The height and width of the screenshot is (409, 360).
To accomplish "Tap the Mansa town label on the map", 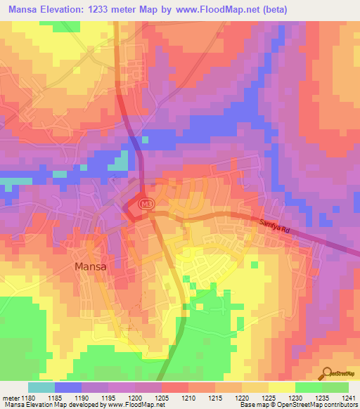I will click(x=91, y=266).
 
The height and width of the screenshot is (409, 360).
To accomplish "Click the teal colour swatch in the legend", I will click(x=41, y=387).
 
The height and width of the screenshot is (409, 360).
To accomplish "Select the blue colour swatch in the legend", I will click(x=68, y=387).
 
